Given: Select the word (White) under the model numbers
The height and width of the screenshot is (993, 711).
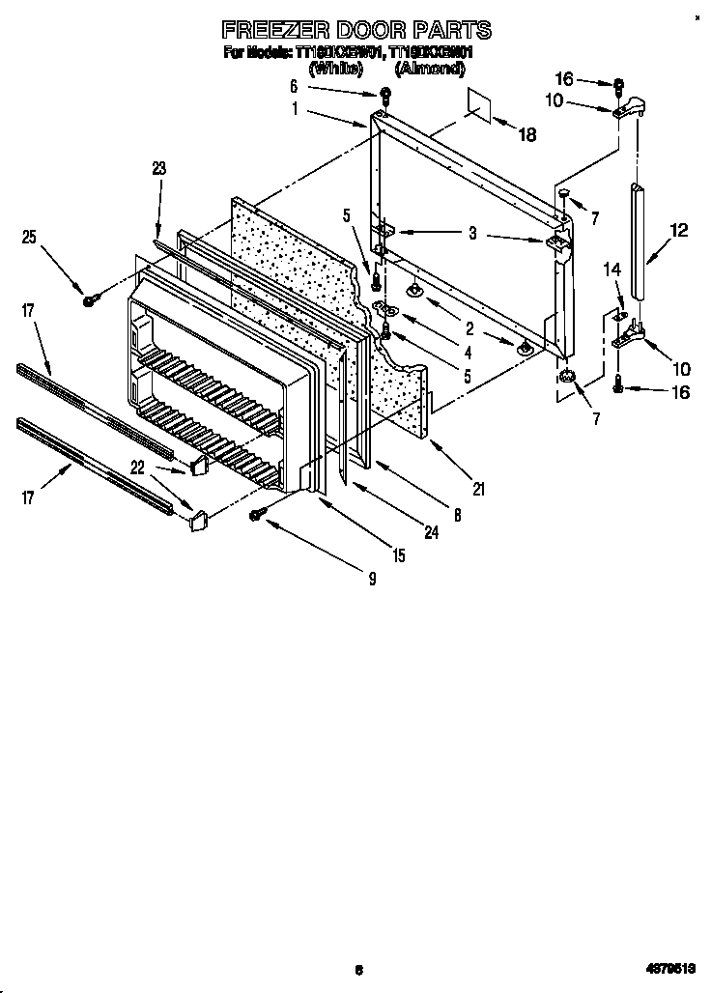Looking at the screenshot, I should coord(335,69).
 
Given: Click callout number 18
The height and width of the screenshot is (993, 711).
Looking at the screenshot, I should coord(526,135).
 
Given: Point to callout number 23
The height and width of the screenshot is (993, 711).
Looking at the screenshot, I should coord(159,168).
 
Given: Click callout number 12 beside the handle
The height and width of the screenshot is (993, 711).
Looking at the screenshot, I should coord(679,230).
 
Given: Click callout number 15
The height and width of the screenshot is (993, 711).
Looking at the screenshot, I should coord(398,555).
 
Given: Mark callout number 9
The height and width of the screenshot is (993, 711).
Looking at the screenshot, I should coord(371,579).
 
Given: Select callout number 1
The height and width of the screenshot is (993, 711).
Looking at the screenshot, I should coord(295,109).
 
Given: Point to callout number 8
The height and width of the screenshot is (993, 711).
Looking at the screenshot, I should coord(457,516).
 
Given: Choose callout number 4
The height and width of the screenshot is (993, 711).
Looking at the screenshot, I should coord(467,354).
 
